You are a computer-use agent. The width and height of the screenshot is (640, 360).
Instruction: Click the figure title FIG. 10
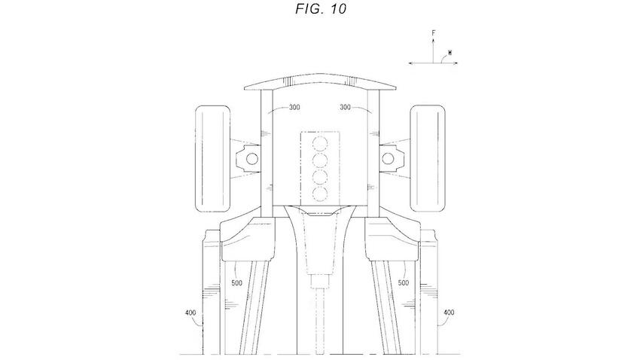click(x=321, y=9)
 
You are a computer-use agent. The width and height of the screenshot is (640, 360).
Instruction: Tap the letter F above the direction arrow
click(x=434, y=33)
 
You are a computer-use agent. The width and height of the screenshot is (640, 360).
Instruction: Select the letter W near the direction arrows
click(x=450, y=53)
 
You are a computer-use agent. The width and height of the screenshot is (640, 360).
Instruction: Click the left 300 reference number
click(x=294, y=108)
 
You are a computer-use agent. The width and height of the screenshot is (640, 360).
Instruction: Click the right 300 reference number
click(x=345, y=108)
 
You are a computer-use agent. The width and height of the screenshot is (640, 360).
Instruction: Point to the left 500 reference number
click(x=236, y=283)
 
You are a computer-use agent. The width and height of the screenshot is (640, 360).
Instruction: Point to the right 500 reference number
click(x=404, y=283)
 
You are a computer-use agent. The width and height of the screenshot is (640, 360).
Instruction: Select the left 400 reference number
click(x=190, y=313)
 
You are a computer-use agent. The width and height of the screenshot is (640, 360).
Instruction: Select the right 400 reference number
click(x=449, y=313)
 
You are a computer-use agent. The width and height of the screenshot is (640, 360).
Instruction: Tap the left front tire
click(x=212, y=159)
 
